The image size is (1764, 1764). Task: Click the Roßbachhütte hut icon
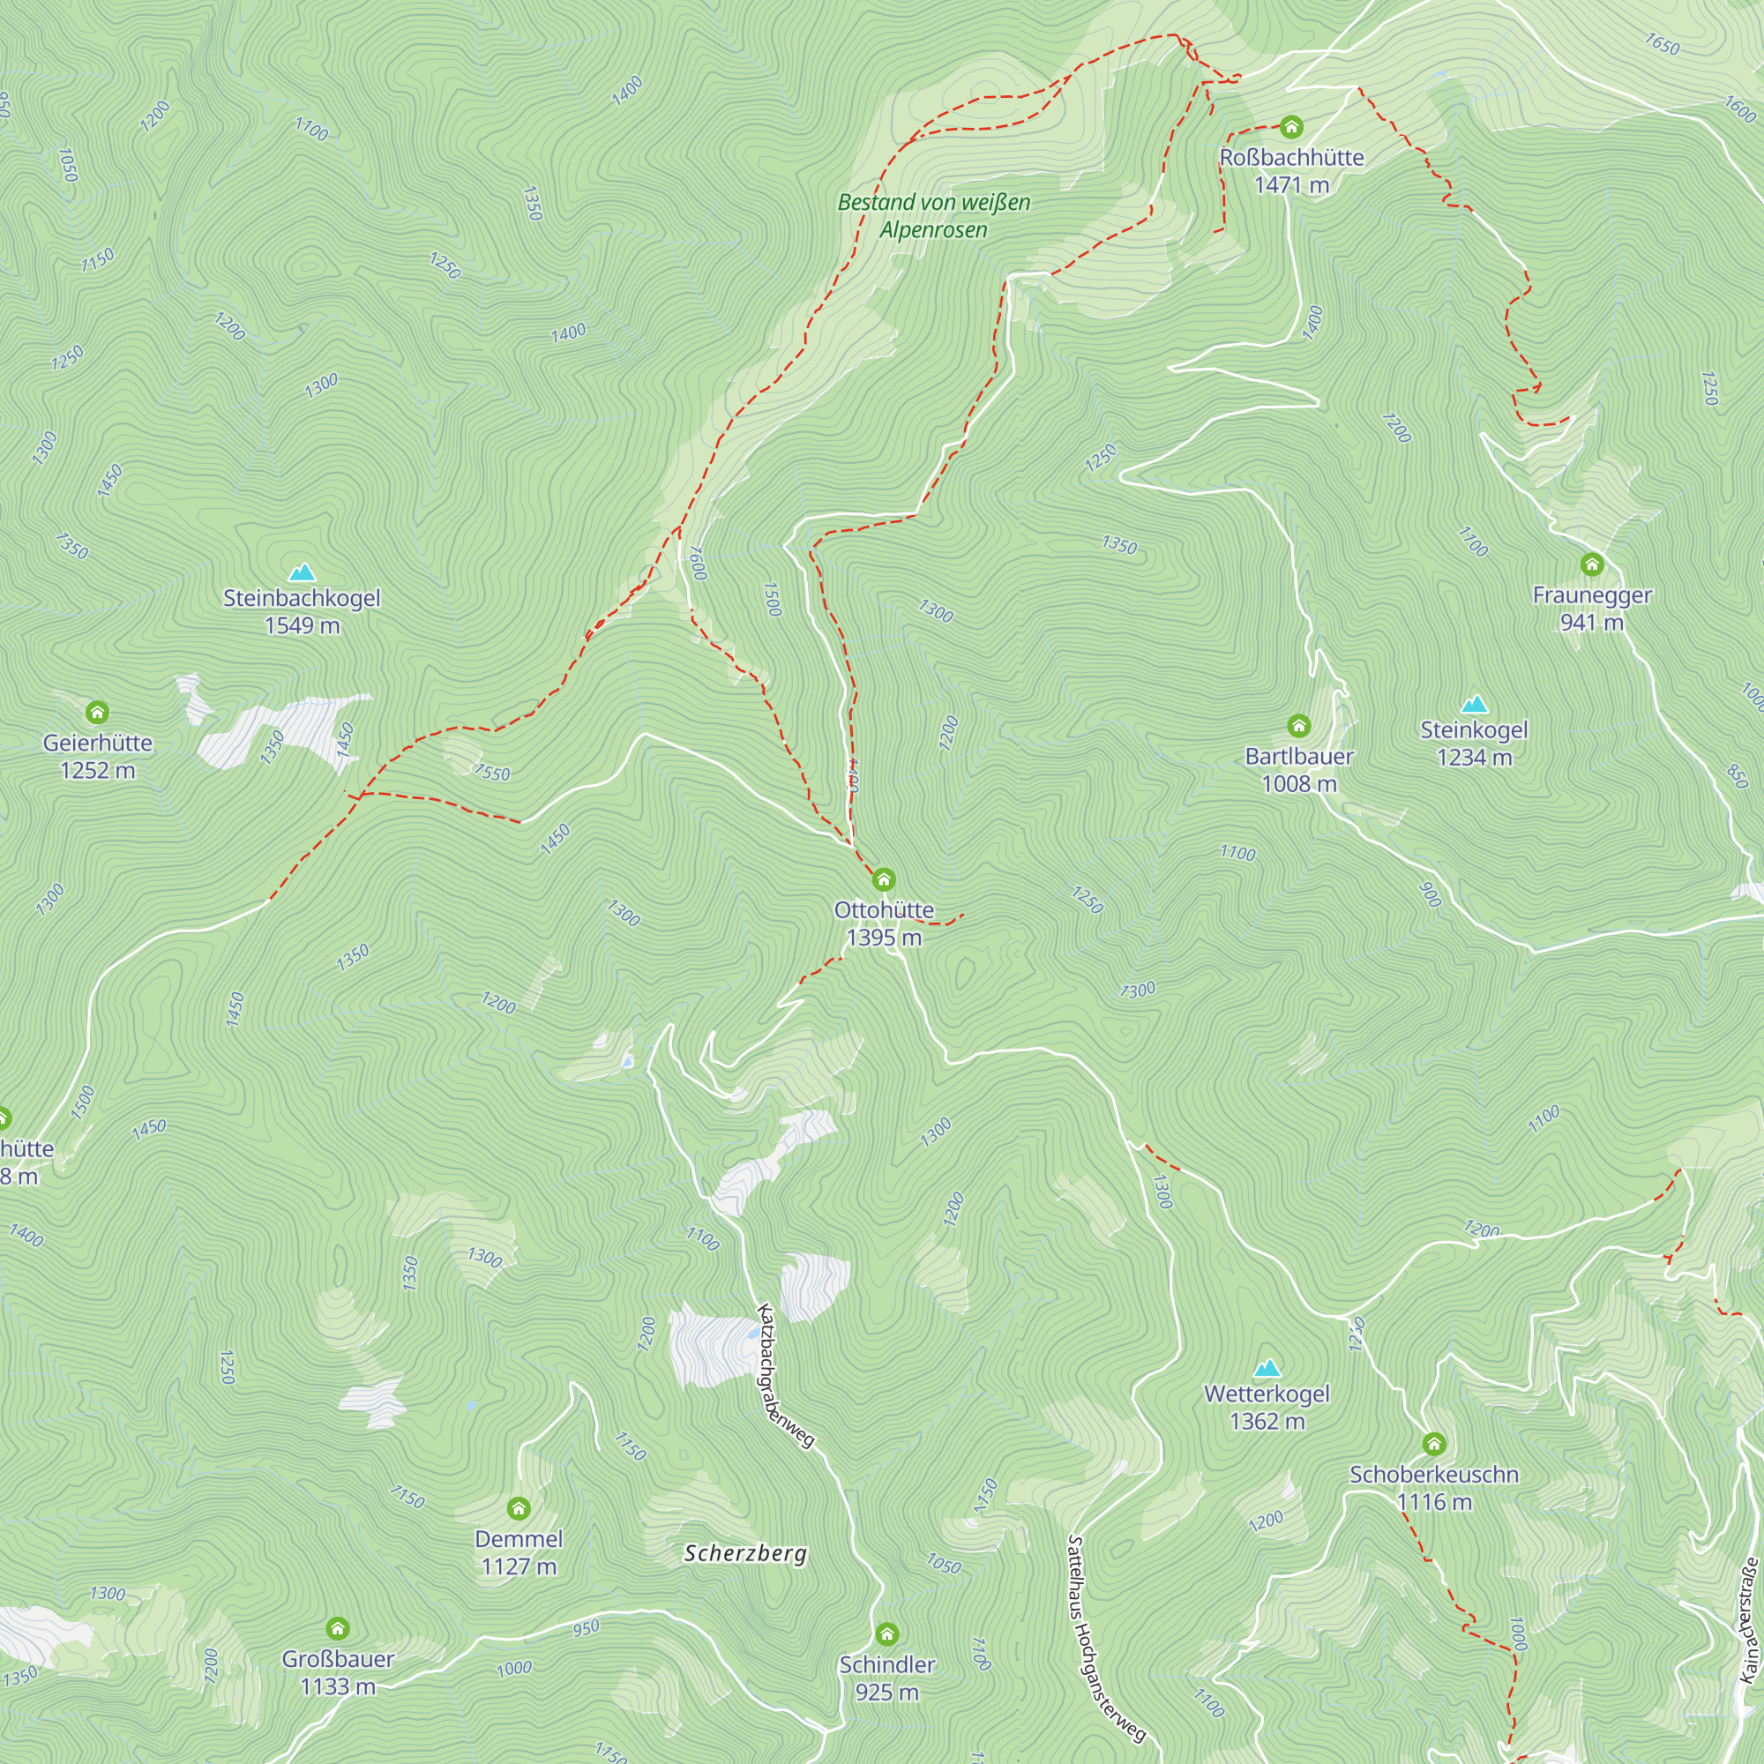1291,126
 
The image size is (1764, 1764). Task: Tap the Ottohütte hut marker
883,879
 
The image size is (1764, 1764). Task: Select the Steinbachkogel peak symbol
302,572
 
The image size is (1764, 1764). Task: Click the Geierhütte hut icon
98,711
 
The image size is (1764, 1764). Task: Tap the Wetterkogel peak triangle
1267,1368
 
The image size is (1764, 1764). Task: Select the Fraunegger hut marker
1591,564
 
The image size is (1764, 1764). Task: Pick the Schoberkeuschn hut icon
1433,1444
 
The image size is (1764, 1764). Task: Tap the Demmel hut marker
519,1507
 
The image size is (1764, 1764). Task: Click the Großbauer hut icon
338,1628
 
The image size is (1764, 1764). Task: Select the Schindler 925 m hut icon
886,1633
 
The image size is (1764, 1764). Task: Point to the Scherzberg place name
745,1553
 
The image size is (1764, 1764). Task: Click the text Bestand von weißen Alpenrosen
933,215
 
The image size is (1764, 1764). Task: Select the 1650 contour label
1662,44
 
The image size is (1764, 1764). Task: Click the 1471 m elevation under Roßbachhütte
1291,185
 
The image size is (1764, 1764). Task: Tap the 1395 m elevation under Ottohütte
883,938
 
